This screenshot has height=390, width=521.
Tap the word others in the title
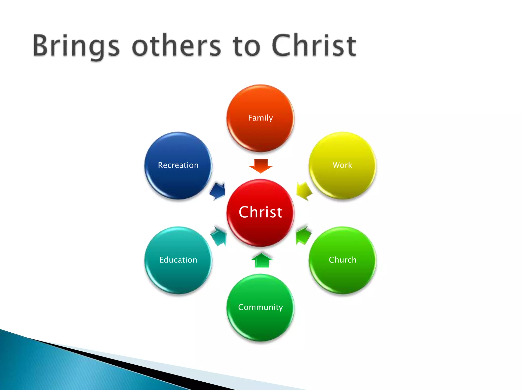click(x=177, y=46)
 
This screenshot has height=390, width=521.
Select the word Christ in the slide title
click(x=314, y=46)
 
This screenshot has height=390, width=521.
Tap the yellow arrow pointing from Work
click(x=304, y=191)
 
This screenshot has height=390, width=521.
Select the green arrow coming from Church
click(x=303, y=235)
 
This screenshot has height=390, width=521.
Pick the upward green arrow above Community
click(x=262, y=260)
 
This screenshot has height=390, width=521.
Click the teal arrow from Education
click(x=219, y=236)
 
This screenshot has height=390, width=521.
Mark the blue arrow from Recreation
click(x=218, y=191)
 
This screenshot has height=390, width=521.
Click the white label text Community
click(x=260, y=307)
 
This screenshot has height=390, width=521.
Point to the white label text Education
click(x=178, y=260)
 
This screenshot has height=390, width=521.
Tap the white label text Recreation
click(x=178, y=165)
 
